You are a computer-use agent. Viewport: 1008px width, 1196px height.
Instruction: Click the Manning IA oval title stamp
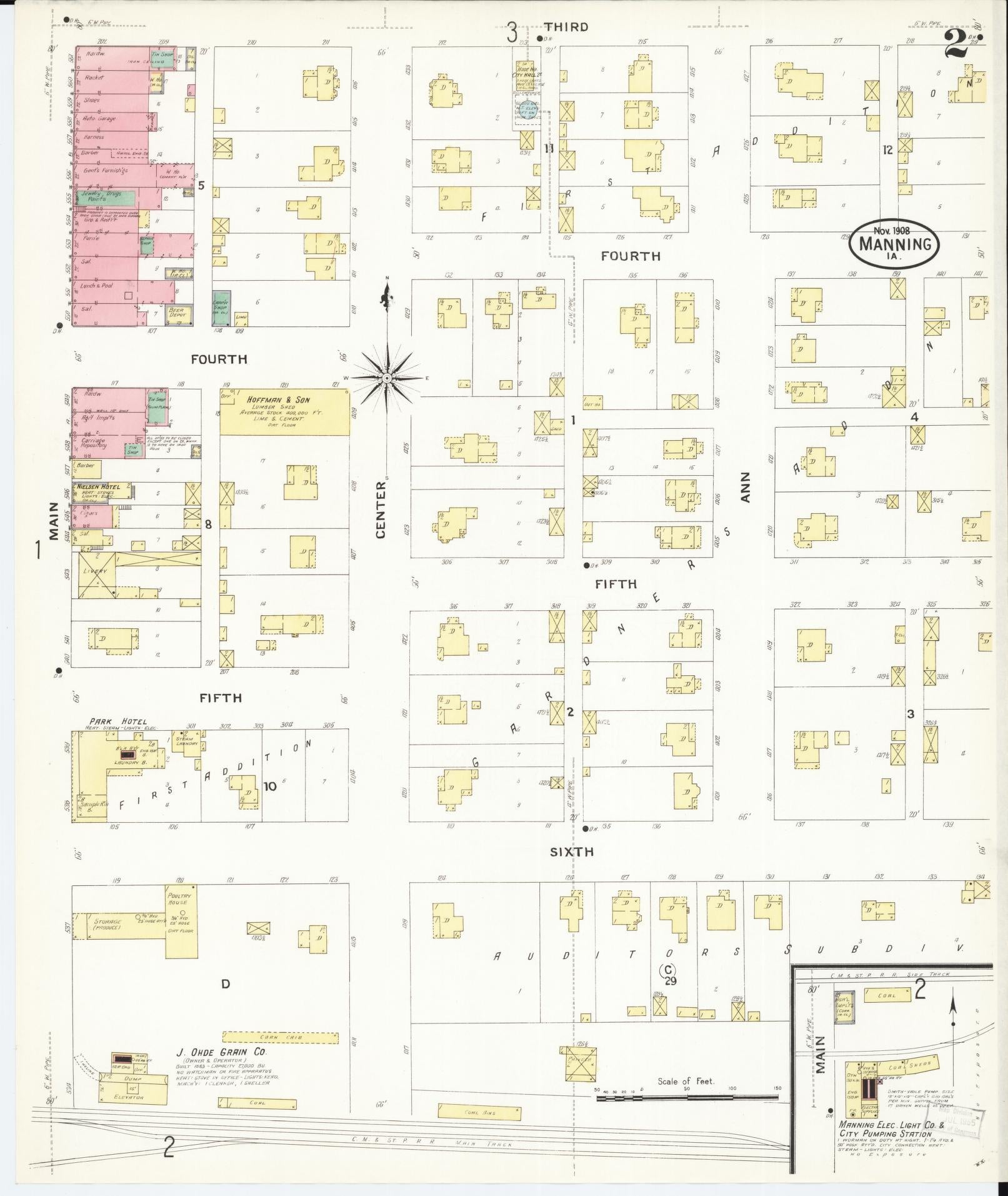[894, 244]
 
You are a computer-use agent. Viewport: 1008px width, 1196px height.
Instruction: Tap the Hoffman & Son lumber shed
[285, 413]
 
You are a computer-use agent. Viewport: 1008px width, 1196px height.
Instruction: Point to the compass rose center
[387, 378]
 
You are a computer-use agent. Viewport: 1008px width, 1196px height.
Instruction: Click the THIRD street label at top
[566, 27]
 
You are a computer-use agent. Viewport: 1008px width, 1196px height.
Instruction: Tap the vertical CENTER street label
[381, 518]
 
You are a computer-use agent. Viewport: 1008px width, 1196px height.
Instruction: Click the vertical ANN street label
[744, 487]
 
